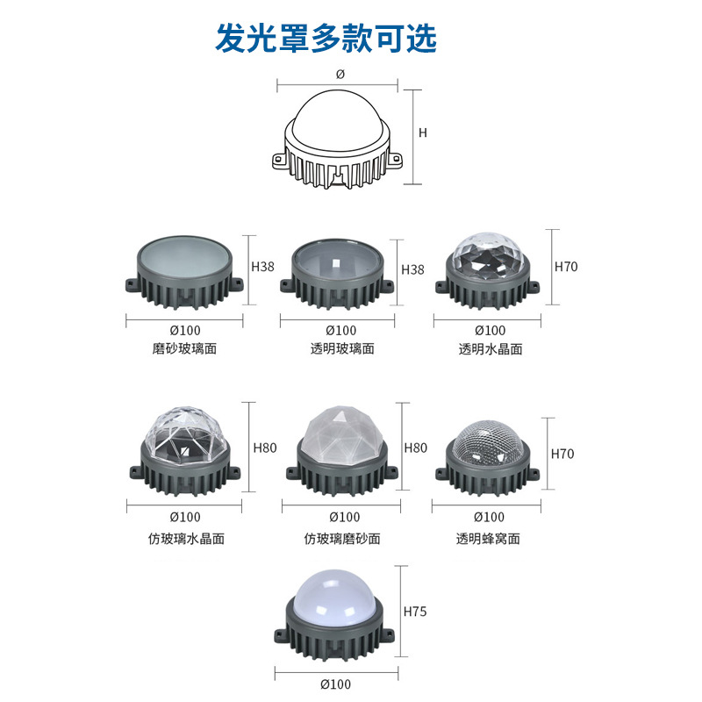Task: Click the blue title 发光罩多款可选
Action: pos(326,39)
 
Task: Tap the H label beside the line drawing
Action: pos(422,133)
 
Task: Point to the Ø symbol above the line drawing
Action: pos(340,75)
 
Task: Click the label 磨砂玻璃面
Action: pos(184,348)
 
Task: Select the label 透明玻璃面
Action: pos(342,348)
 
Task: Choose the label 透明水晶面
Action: pos(491,348)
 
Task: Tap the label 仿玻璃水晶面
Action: pos(186,538)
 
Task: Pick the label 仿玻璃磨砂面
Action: pos(342,538)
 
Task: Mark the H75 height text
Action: pos(413,611)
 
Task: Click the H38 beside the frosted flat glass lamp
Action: pos(263,266)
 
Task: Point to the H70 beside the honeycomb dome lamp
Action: pos(562,454)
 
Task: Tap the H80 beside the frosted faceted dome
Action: pos(415,448)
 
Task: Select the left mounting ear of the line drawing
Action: pos(279,162)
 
